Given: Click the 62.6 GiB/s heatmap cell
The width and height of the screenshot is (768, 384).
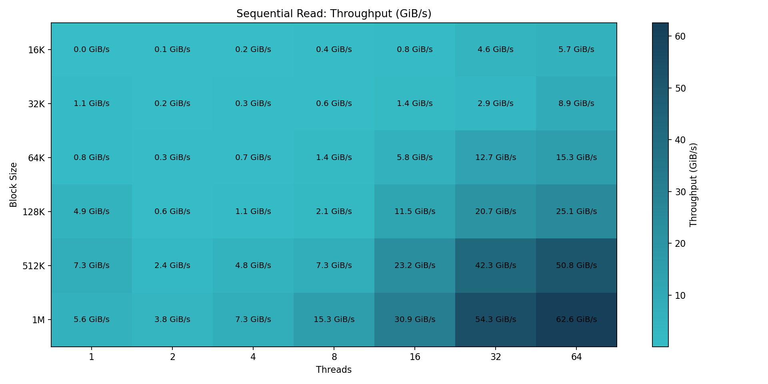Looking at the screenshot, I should (x=576, y=320).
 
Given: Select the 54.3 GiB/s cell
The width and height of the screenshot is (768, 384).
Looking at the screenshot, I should (x=496, y=320).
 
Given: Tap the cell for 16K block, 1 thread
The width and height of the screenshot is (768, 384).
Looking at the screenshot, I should (x=92, y=50).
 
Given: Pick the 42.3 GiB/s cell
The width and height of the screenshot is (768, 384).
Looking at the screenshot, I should (x=496, y=266).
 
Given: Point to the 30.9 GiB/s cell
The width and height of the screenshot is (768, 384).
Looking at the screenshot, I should (x=415, y=320).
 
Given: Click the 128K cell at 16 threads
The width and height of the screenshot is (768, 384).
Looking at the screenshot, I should (x=415, y=212).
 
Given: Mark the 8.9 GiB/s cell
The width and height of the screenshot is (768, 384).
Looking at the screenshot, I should (x=576, y=104).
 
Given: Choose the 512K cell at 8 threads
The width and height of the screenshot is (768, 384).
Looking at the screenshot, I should (x=334, y=266).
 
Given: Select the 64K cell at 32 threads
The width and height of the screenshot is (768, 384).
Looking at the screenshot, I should (x=496, y=158).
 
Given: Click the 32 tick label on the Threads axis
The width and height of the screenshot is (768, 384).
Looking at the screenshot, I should (x=496, y=357).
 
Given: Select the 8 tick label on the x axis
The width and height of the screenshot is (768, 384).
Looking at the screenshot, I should (x=334, y=357).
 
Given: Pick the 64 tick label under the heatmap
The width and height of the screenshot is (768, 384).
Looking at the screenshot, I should (x=576, y=357).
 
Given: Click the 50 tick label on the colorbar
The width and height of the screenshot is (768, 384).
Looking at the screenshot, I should (x=680, y=88).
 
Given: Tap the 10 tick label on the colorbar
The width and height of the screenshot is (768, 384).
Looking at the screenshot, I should (x=680, y=296).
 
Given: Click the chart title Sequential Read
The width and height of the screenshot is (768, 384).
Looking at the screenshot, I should (x=334, y=14).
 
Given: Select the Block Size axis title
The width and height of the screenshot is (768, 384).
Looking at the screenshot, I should (x=14, y=185).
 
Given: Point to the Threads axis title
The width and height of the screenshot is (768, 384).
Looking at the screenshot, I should (x=334, y=370).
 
